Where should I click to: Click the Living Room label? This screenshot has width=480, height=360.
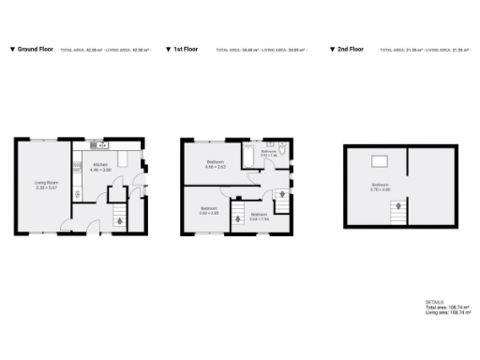point(47,185)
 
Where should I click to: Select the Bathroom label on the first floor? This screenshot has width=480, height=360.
point(267,154)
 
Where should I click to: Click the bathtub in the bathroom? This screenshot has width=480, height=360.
point(248,152)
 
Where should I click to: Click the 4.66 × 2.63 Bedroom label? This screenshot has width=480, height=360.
point(216,165)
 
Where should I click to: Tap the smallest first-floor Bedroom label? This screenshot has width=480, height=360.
point(258,217)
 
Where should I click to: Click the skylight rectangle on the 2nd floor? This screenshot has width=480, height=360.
point(381,160)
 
